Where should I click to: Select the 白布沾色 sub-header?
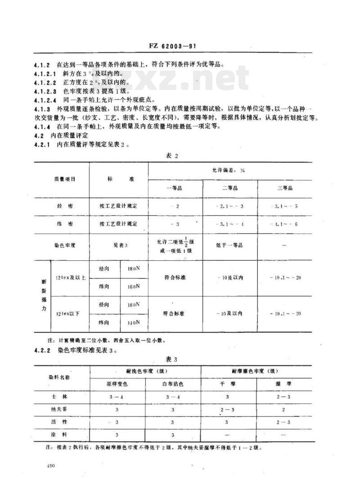click(x=173, y=384)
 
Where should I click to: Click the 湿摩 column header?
click(x=283, y=384)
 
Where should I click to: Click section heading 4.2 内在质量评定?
click(x=65, y=135)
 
